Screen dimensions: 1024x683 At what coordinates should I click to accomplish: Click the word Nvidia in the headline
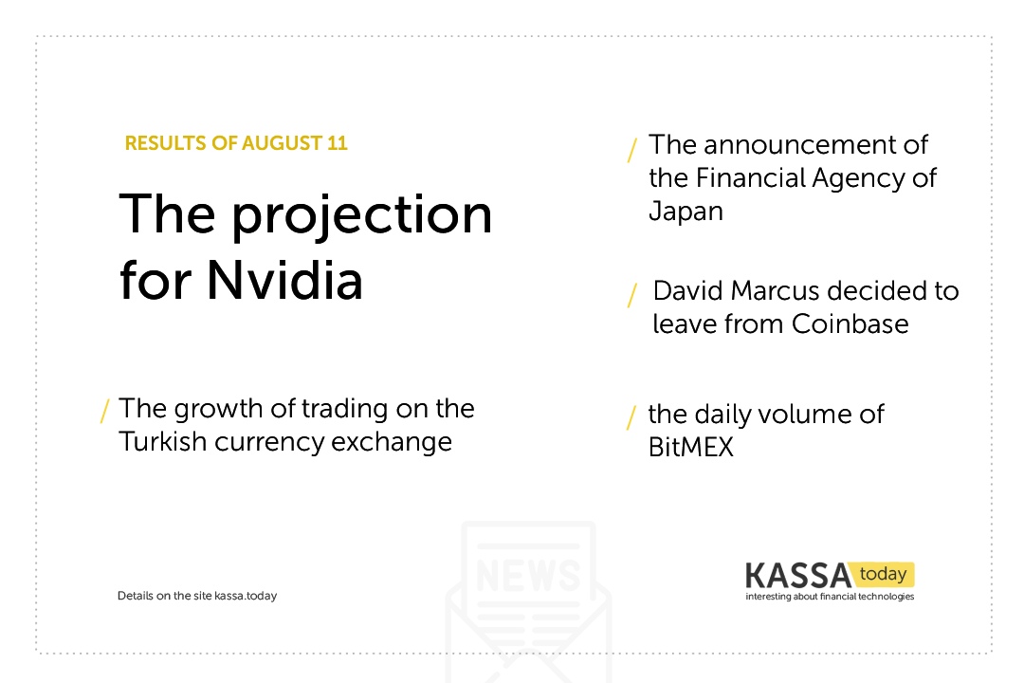(x=284, y=281)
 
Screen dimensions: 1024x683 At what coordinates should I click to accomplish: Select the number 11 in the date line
(x=338, y=143)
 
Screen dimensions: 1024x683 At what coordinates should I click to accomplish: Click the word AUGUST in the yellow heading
(x=283, y=143)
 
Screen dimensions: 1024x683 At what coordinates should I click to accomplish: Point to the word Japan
(x=686, y=212)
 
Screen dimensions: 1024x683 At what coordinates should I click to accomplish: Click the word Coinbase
(x=850, y=323)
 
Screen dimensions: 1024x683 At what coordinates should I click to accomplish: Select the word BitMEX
(x=691, y=447)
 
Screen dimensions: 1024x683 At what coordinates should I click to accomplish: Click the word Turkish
(x=163, y=442)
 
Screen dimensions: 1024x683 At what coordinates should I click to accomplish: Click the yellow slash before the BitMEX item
(x=631, y=417)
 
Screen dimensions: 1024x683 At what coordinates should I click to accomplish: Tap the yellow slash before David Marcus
(x=632, y=295)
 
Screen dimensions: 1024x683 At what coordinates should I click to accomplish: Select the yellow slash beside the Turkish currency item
(x=104, y=411)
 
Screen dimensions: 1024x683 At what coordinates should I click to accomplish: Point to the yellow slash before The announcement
(x=632, y=150)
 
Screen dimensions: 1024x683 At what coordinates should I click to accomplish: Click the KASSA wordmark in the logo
(x=798, y=576)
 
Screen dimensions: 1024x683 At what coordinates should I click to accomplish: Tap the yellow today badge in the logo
(x=883, y=574)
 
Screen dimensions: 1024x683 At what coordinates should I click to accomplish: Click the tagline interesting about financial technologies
(x=830, y=597)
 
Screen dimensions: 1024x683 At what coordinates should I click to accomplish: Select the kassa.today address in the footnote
(x=246, y=596)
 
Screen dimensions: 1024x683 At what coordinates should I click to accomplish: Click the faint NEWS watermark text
(x=528, y=575)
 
